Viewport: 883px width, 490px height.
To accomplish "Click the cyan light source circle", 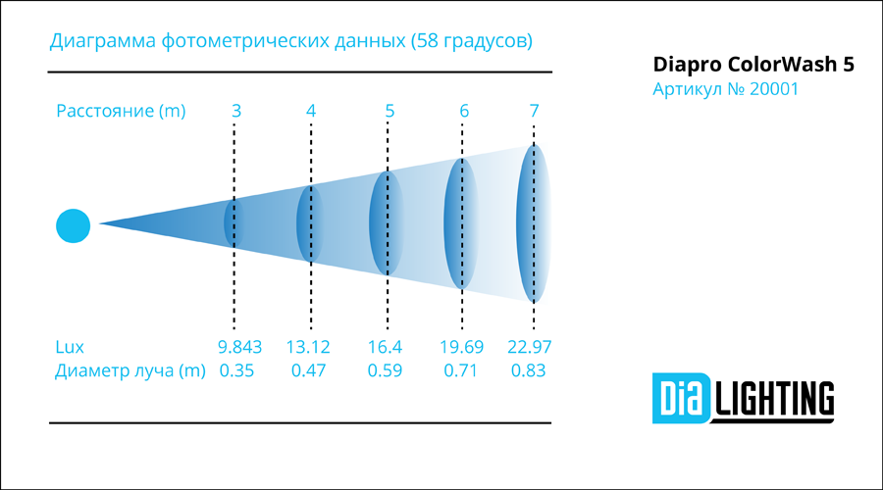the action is point(74,225).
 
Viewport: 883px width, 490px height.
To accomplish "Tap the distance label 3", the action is point(236,111).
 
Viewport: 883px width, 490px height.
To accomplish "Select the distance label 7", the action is point(534,111).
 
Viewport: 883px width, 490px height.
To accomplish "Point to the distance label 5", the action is point(390,111).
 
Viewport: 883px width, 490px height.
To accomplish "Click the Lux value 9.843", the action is point(240,347).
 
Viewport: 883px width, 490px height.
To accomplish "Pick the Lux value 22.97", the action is point(530,347).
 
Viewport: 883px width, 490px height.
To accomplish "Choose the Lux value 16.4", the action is point(385,347).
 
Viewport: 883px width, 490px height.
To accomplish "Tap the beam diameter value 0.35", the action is point(236,370).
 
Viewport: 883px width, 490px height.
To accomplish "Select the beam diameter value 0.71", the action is point(461,370).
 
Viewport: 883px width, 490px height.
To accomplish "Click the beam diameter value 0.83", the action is point(528,370).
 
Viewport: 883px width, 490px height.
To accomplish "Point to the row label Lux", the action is point(70,347).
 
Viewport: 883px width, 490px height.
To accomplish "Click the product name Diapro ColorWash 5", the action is point(753,65).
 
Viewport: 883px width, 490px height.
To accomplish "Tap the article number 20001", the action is point(774,89).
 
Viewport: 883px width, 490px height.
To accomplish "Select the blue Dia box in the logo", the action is point(682,398).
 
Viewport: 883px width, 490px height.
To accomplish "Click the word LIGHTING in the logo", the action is point(774,398).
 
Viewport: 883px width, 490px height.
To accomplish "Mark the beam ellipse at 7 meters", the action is point(534,223).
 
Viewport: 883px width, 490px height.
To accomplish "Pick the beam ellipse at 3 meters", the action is point(234,223).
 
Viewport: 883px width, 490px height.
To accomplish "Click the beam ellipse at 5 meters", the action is point(387,223).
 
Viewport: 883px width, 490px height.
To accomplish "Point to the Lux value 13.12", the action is point(307,347).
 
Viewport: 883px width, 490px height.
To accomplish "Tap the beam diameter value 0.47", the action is point(308,370).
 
